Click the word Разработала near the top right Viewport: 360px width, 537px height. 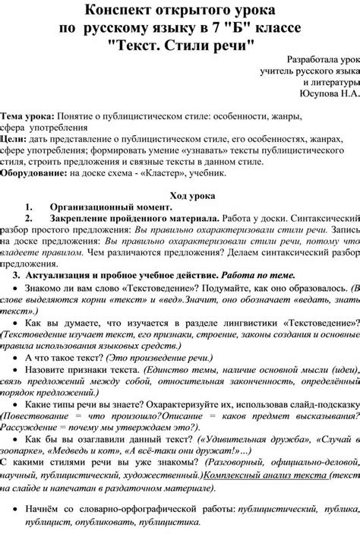307,59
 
